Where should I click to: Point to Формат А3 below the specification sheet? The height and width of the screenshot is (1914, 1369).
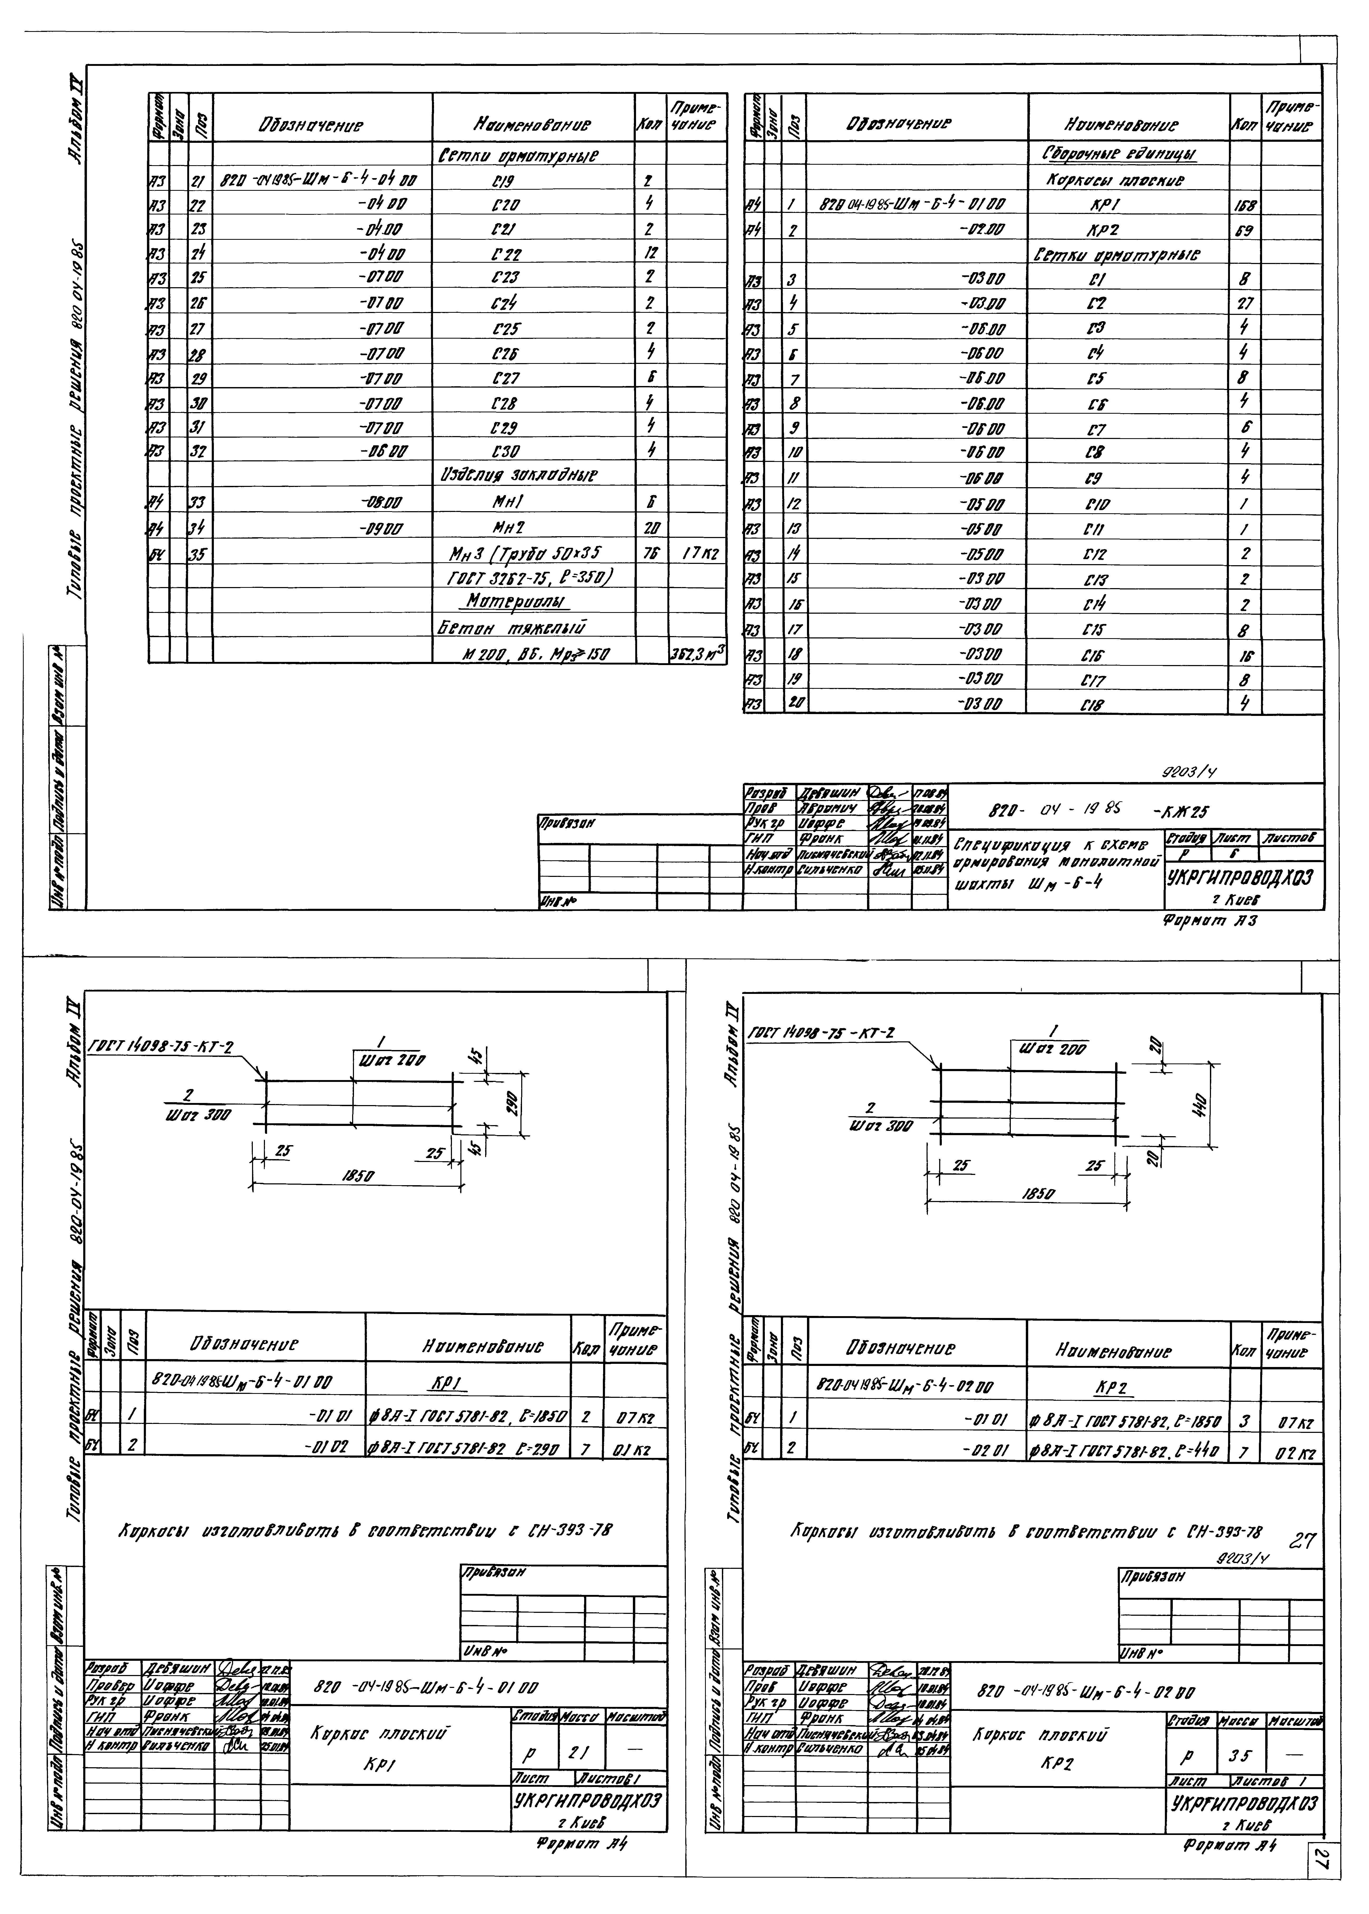pyautogui.click(x=1209, y=922)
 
